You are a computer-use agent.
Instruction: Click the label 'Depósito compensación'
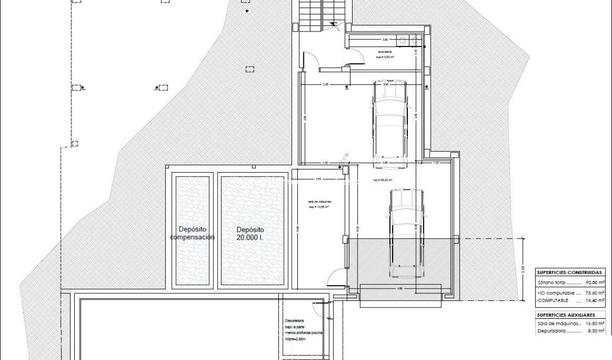click(192, 233)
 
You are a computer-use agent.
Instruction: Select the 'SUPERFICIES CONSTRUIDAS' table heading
click(569, 272)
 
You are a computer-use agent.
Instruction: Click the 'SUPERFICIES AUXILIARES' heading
click(566, 315)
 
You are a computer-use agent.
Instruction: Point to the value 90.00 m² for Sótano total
click(595, 283)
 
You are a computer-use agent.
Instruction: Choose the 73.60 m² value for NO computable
click(595, 292)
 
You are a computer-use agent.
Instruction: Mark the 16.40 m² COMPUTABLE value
click(595, 300)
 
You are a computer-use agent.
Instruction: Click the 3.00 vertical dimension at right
click(523, 269)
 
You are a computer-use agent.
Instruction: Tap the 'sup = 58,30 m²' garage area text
click(382, 180)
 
